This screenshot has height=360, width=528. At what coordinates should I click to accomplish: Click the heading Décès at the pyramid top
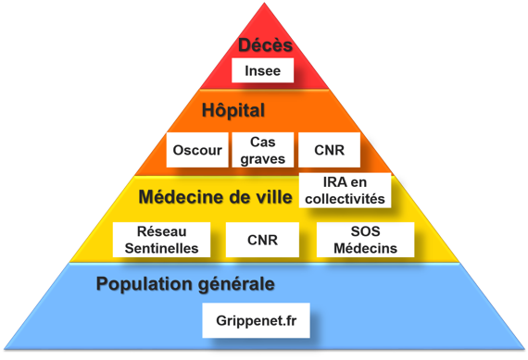(x=265, y=45)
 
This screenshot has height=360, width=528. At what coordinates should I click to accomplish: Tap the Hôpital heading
(x=233, y=111)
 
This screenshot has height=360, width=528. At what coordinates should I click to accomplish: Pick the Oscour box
(x=197, y=150)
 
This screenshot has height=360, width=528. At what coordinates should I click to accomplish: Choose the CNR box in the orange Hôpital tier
(x=329, y=150)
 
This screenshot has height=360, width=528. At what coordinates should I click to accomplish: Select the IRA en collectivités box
(x=343, y=192)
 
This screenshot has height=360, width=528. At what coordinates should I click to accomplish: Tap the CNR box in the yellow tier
(x=262, y=240)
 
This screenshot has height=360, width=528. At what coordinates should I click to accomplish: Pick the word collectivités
(x=343, y=199)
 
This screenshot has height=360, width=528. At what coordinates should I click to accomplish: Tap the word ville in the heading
(x=273, y=197)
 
